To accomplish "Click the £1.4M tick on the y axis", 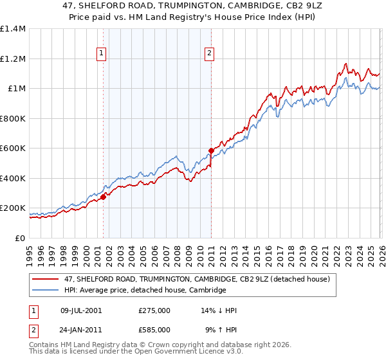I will coord(13,29).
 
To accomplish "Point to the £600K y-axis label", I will coord(13,148).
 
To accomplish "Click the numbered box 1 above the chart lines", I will coord(102,54).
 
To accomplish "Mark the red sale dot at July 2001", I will coord(103,197).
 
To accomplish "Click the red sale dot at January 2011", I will coord(211,151).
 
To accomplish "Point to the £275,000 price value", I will coord(154,310).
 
